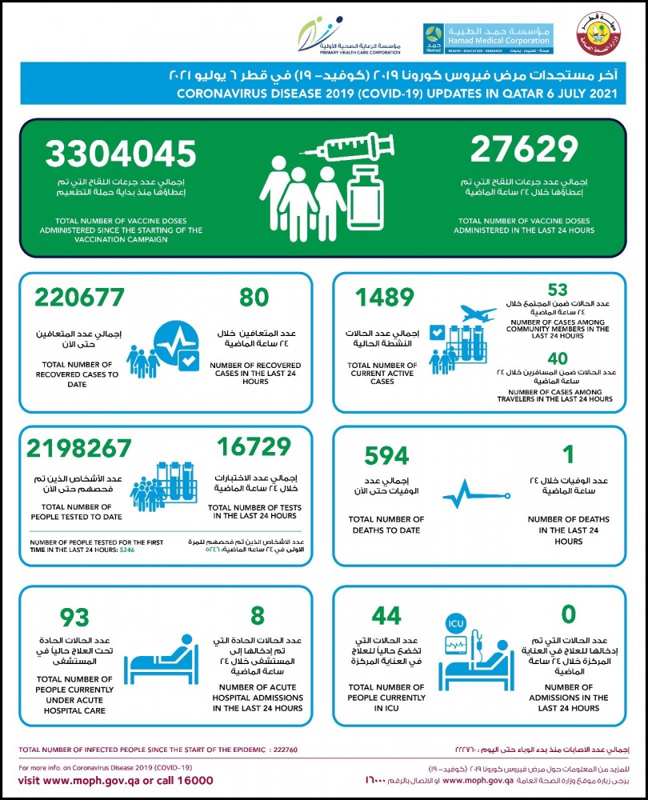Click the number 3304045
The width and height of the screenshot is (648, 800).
[x=121, y=154]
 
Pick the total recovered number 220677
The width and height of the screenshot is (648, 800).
[x=79, y=298]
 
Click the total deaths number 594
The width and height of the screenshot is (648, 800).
[x=386, y=455]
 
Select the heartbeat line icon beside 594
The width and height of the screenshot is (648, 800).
[x=472, y=494]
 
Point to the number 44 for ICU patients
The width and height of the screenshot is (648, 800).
[x=387, y=616]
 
